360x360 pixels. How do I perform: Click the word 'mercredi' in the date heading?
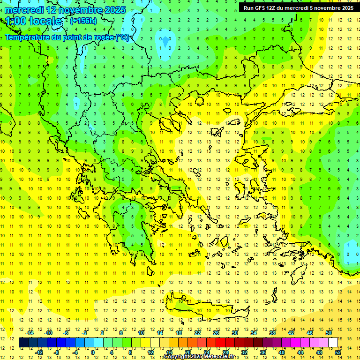coord(24,10)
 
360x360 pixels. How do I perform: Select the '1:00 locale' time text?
coord(34,21)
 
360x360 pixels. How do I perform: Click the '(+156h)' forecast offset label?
coord(83,21)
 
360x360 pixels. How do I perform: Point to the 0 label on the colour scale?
coord(93,352)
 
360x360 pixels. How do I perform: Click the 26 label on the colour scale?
coord(217,333)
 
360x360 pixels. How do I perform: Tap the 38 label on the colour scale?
coord(272,333)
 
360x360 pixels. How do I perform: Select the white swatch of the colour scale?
coord(333,343)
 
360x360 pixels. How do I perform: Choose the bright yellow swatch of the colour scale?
coord(145,343)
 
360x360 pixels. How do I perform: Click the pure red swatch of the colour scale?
coord(220,343)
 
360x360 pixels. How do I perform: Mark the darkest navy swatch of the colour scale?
coord(23,343)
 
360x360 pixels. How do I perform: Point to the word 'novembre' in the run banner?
coord(326,8)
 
